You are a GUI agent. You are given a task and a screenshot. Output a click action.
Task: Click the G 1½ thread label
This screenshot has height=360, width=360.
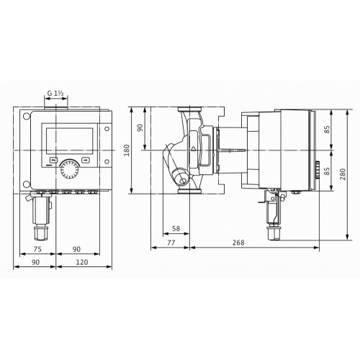click(x=55, y=93)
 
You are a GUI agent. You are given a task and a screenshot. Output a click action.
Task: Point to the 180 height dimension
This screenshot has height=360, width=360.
click(x=127, y=150)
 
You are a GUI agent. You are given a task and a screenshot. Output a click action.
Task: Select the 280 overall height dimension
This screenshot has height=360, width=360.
click(x=343, y=174)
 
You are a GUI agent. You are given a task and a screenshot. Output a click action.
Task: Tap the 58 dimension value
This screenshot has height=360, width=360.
click(x=176, y=228)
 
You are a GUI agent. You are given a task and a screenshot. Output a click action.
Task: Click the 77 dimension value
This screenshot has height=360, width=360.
click(x=171, y=243)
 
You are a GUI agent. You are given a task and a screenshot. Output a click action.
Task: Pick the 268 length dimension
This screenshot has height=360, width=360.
click(x=238, y=243)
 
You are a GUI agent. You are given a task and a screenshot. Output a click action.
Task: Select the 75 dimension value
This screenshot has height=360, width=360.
click(x=37, y=249)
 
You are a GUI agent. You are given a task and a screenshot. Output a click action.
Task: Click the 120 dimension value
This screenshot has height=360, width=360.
click(x=82, y=262)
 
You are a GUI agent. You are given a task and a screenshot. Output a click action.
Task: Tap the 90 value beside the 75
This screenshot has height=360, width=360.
click(x=76, y=249)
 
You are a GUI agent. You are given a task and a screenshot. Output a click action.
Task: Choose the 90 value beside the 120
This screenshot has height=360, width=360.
click(x=35, y=262)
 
